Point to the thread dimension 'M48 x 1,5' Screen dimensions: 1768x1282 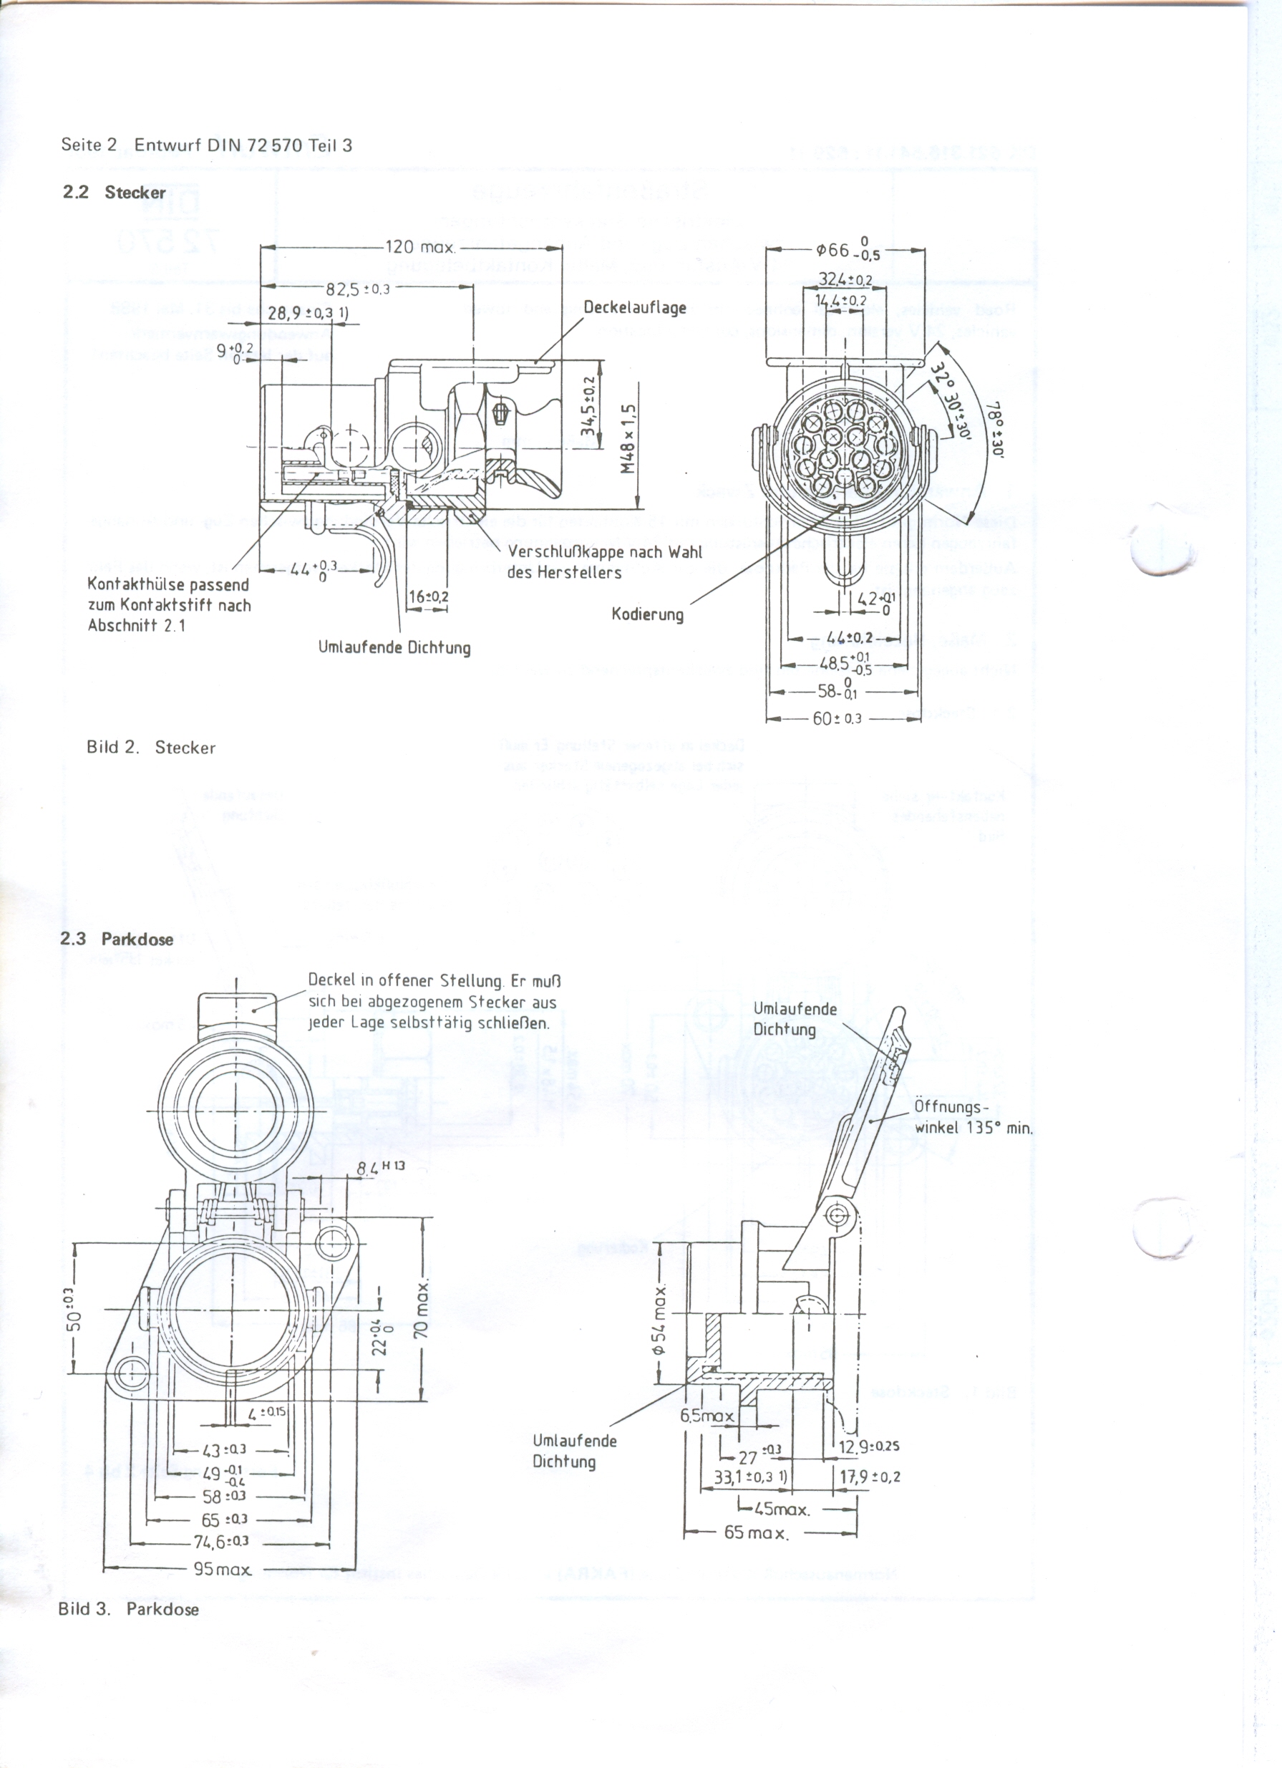coord(629,438)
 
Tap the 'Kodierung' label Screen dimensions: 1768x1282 coord(647,614)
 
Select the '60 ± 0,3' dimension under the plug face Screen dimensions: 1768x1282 coord(837,718)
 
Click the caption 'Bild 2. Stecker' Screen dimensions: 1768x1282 coord(150,748)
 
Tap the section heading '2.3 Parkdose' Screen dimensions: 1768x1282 coord(117,939)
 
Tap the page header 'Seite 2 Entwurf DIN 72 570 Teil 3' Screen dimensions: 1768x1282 coord(207,145)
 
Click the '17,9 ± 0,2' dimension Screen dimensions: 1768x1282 coord(870,1477)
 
